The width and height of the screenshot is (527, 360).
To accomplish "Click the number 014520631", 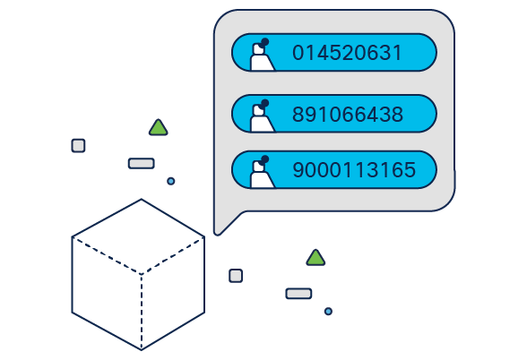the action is [x=347, y=53].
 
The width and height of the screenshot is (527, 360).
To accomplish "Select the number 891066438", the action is [x=348, y=115].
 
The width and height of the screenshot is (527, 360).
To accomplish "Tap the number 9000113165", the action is [x=354, y=169].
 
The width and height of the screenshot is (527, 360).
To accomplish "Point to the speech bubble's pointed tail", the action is [x=217, y=233].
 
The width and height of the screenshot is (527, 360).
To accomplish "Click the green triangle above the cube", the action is [x=159, y=128].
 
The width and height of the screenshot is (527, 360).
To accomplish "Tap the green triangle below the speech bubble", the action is [x=315, y=258].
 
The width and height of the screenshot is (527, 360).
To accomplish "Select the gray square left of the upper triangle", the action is [x=78, y=146].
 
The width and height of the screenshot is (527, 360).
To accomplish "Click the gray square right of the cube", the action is [x=236, y=276].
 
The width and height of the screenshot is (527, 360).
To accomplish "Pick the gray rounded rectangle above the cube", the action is [x=142, y=164].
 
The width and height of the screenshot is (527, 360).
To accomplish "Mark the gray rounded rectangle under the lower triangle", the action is [x=298, y=294].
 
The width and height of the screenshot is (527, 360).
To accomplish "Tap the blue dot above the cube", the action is [x=170, y=181].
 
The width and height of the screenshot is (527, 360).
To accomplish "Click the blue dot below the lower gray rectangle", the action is [x=328, y=312].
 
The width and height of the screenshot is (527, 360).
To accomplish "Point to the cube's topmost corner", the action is [x=142, y=199].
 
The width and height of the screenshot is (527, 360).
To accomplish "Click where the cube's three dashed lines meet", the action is [x=142, y=274].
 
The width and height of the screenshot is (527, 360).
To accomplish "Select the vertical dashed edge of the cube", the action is [x=142, y=312].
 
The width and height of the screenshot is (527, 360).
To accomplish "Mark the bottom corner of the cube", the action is [x=142, y=350].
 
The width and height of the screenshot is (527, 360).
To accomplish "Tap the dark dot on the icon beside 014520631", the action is [x=265, y=42].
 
